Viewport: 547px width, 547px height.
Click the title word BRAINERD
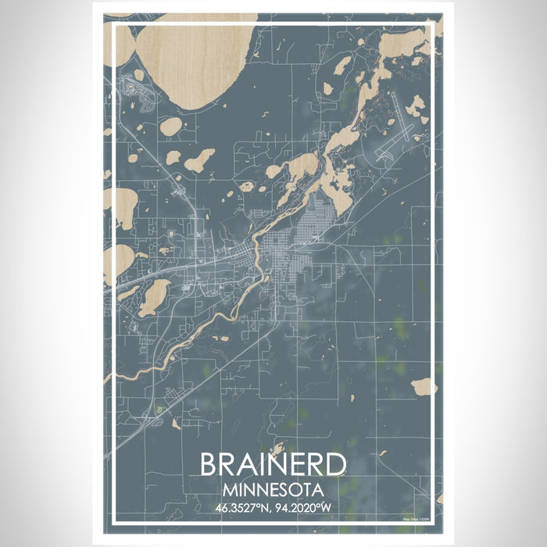pyautogui.click(x=273, y=465)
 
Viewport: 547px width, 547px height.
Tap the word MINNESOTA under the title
pyautogui.click(x=273, y=490)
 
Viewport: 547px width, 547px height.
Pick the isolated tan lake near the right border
pyautogui.click(x=424, y=386)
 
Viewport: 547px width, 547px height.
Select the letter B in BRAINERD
pyautogui.click(x=209, y=465)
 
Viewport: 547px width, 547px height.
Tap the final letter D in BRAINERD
pyautogui.click(x=337, y=465)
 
